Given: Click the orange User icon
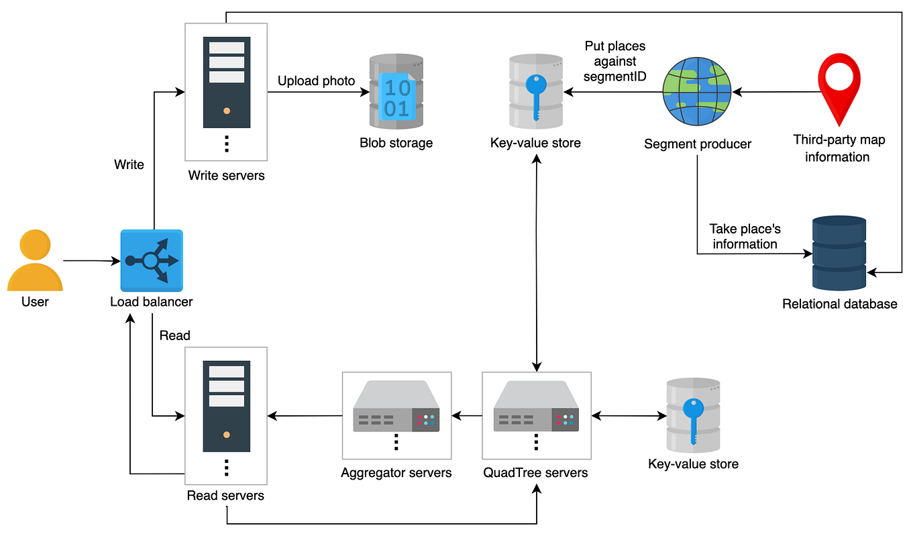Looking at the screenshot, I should [x=35, y=260].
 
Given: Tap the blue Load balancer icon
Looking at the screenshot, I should [x=151, y=260].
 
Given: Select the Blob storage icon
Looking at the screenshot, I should [x=396, y=92].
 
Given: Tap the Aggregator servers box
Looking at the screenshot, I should [x=396, y=416].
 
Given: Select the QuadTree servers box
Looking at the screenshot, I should [x=537, y=416].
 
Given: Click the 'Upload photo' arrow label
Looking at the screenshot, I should [x=317, y=81].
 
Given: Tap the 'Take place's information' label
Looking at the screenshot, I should [x=745, y=236].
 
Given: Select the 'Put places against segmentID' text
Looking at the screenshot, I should [x=614, y=61].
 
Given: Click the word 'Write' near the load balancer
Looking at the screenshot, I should [x=129, y=164].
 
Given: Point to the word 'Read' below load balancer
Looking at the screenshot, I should [x=174, y=335].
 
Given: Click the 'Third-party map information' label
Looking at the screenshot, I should [x=839, y=148].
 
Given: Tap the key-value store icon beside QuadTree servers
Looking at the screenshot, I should [x=693, y=415].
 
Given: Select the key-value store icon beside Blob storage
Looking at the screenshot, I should [x=536, y=92].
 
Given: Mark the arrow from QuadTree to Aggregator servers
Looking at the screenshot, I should [x=467, y=416].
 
